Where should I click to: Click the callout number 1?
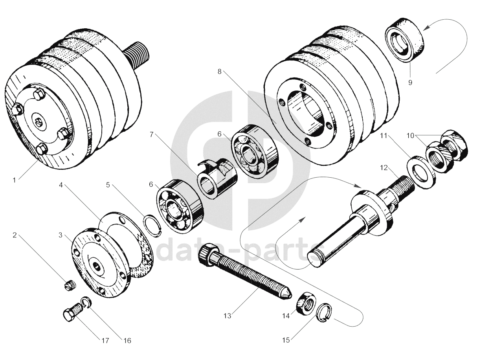(15, 180)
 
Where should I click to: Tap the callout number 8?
(219, 72)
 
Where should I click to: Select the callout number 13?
(228, 315)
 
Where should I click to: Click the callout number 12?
(384, 168)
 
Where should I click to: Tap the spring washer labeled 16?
(86, 303)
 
